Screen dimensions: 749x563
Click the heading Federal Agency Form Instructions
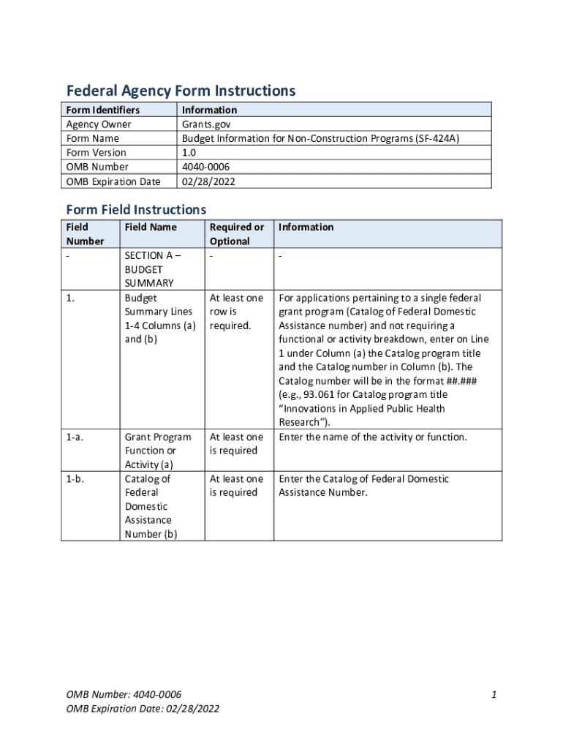tap(181, 91)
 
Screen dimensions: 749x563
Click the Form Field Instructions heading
tap(136, 210)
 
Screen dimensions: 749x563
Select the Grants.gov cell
tap(206, 124)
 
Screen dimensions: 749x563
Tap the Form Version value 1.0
tap(189, 152)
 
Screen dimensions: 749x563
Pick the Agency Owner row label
tap(99, 124)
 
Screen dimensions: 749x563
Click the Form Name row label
tap(92, 138)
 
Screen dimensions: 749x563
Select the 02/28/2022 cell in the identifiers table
tap(209, 181)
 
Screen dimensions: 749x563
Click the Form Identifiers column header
tap(102, 110)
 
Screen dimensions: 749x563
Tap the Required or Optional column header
tap(236, 234)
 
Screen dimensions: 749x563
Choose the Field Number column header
tap(85, 234)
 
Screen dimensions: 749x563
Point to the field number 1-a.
tap(74, 437)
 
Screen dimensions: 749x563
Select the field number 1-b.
tap(75, 479)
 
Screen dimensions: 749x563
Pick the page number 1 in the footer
tap(494, 694)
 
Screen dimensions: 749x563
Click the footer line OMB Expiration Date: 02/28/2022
tap(143, 708)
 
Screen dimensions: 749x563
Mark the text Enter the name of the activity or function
tap(373, 437)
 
